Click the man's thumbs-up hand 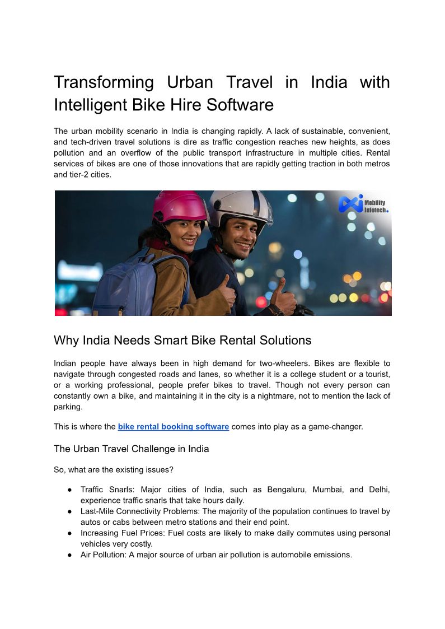pos(283,294)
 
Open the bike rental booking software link pos(173,427)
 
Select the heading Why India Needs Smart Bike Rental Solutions pos(182,340)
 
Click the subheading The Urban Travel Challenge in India pos(131,449)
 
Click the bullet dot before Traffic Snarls pos(69,490)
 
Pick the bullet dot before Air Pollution pos(69,555)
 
